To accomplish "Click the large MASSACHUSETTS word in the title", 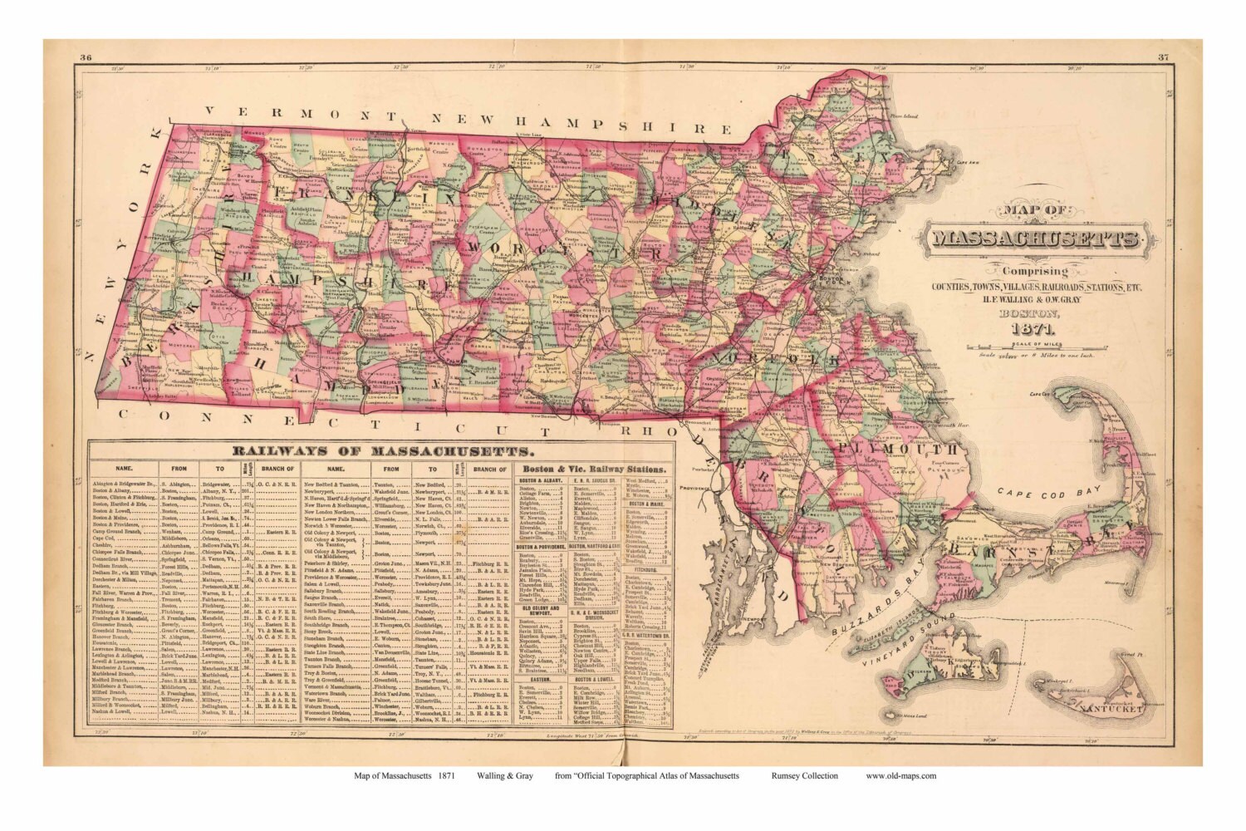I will pyautogui.click(x=1035, y=240).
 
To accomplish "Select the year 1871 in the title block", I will pyautogui.click(x=1033, y=327).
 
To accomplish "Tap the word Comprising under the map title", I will pyautogui.click(x=1034, y=272).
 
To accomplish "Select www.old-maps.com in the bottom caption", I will pyautogui.click(x=900, y=775).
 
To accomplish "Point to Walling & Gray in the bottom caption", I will pyautogui.click(x=505, y=775).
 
